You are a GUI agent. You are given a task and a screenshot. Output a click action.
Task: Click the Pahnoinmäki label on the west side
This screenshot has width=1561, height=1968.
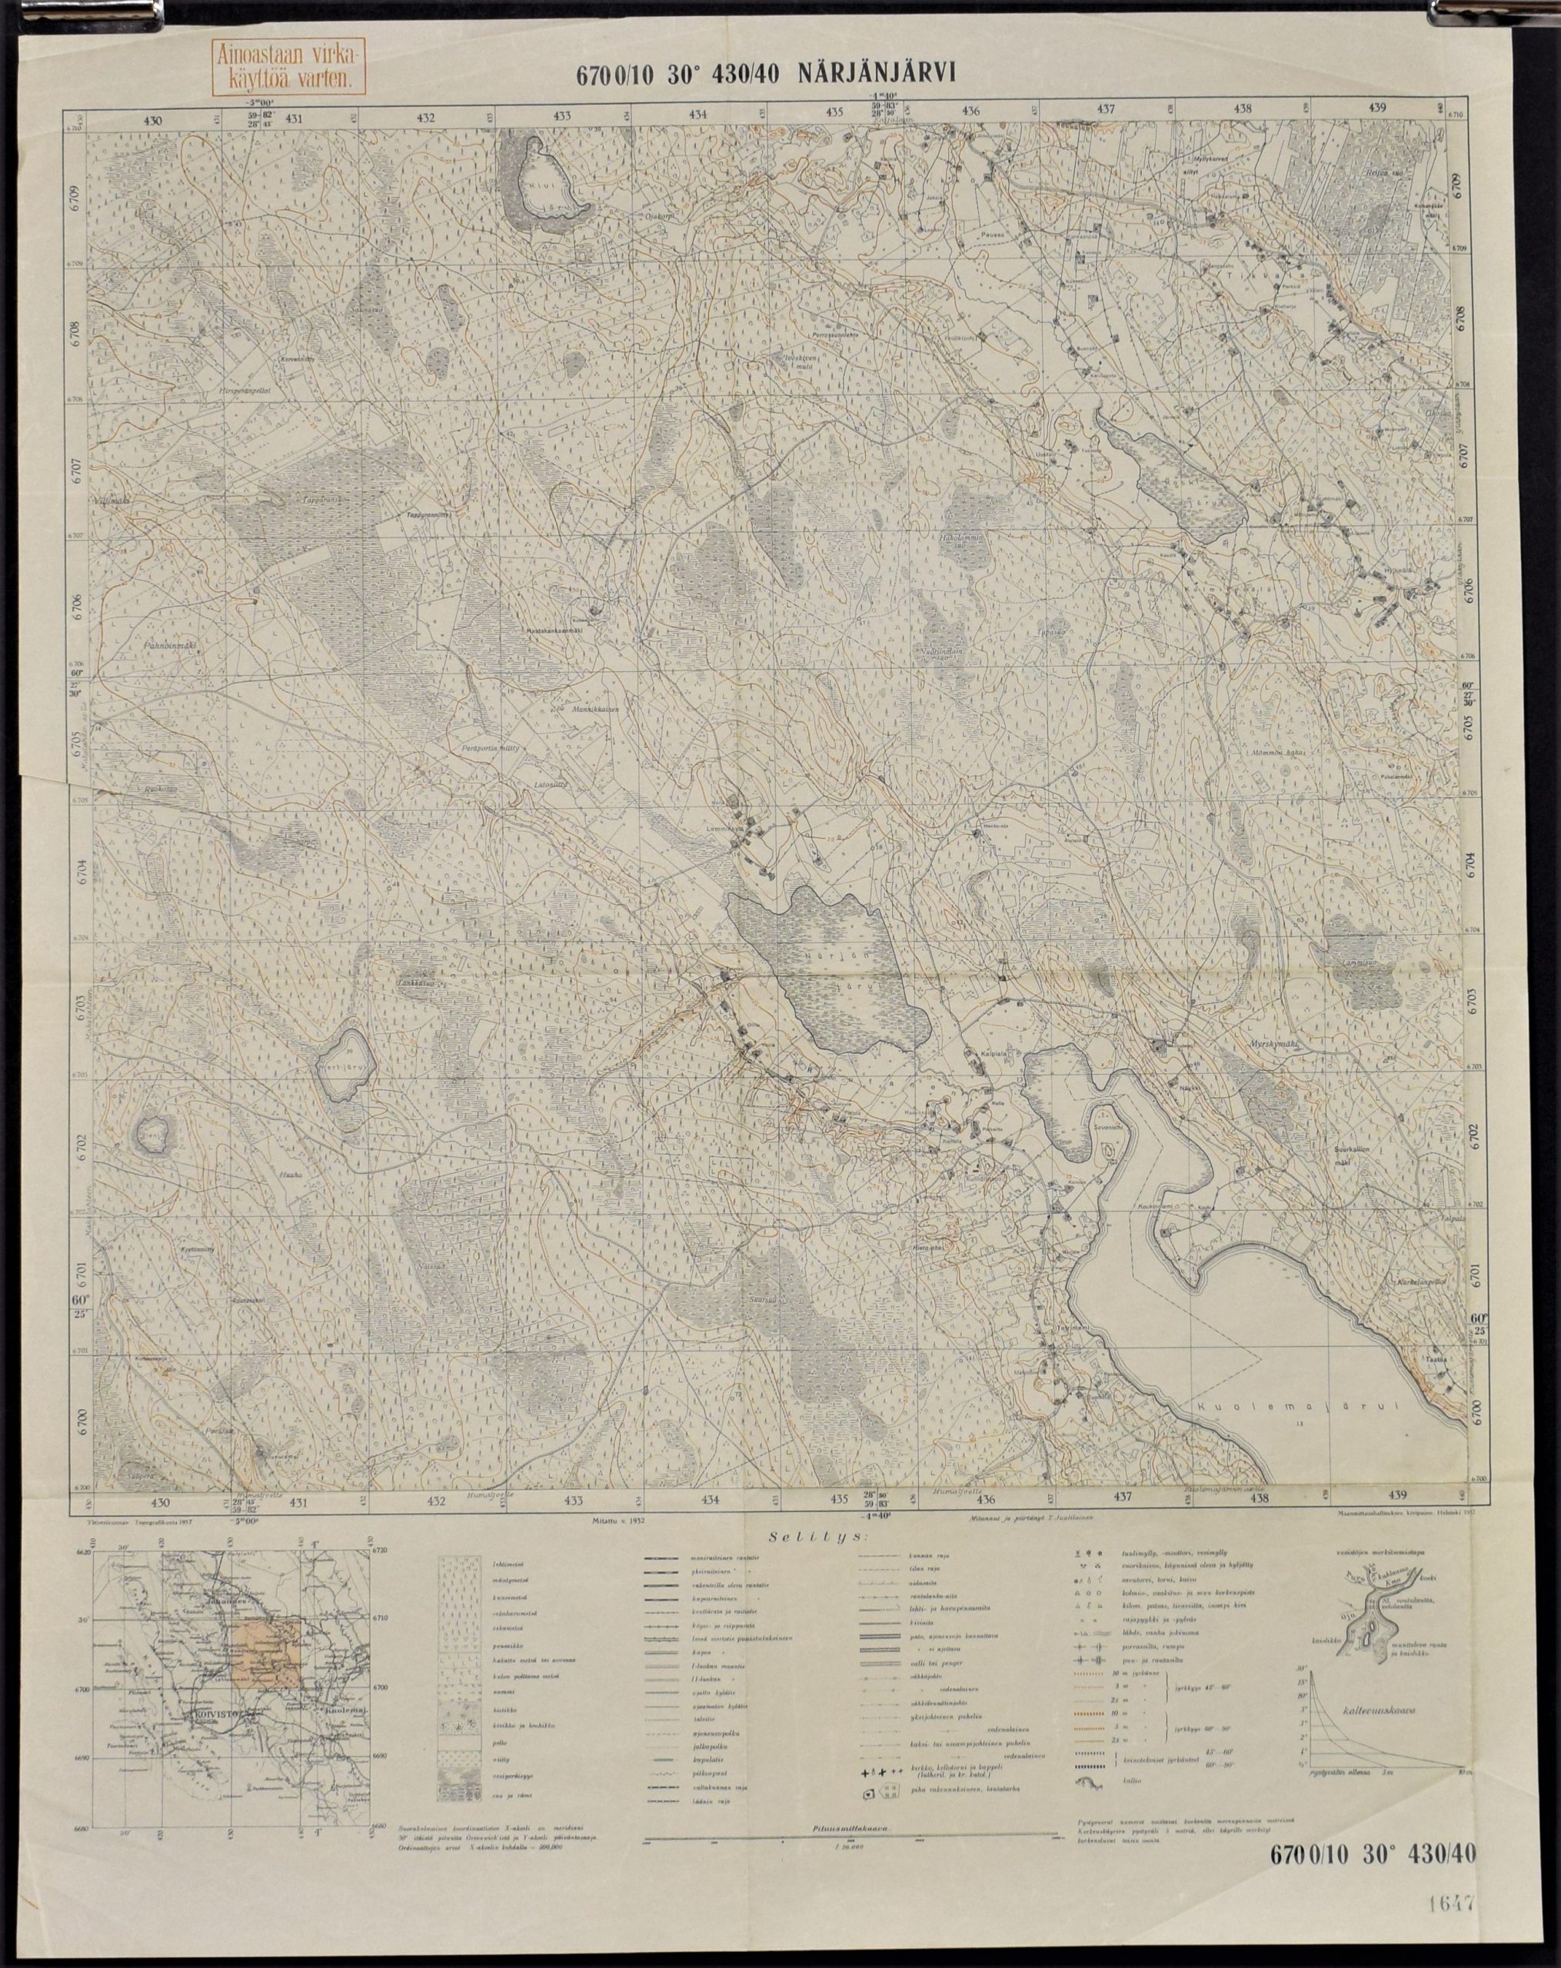click(171, 644)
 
